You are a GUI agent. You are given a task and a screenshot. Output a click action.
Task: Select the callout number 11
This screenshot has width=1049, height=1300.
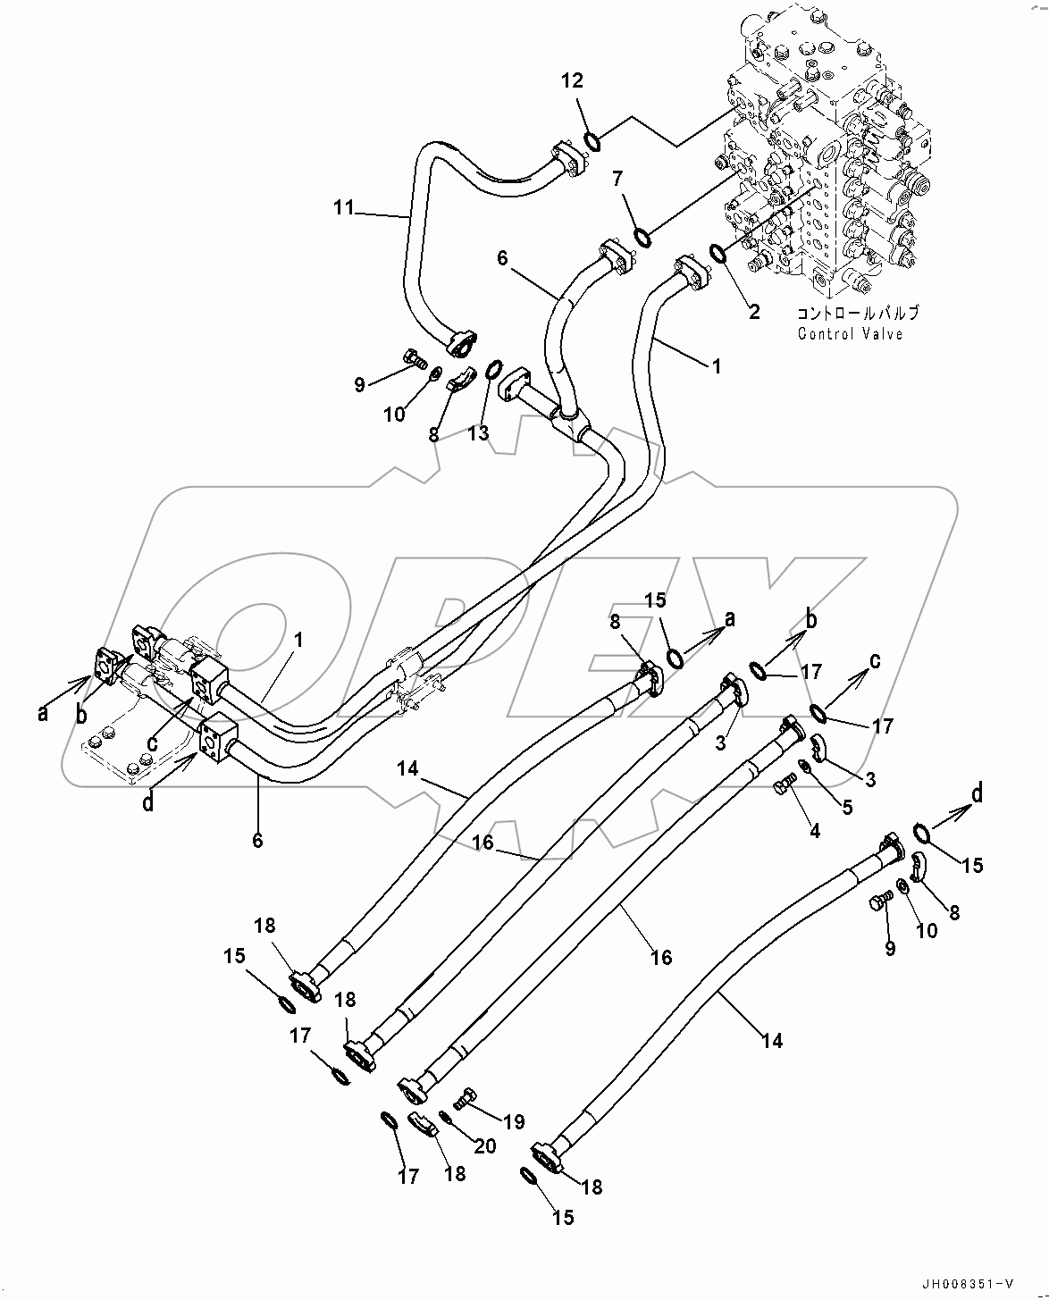pos(344,209)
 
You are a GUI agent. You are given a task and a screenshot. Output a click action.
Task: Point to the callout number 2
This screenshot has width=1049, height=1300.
pos(754,312)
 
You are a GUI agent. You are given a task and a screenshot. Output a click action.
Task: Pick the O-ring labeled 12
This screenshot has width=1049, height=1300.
pos(592,139)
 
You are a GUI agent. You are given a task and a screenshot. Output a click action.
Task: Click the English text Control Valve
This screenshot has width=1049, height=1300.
pos(850,334)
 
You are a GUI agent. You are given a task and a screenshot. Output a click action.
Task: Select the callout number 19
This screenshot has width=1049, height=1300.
pos(513,1122)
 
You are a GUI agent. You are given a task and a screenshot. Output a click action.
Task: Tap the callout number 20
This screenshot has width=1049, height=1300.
pos(485,1145)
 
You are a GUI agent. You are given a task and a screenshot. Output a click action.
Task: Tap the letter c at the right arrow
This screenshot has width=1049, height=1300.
pos(876,660)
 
